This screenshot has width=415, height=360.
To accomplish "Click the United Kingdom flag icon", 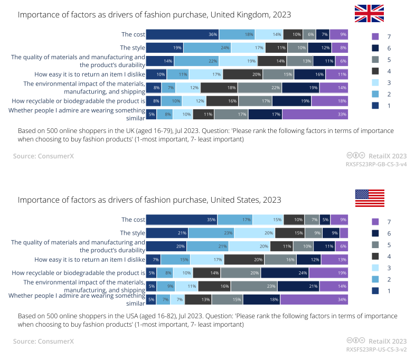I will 369,13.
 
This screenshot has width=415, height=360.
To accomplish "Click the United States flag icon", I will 369,198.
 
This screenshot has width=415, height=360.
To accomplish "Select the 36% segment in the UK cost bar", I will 182,34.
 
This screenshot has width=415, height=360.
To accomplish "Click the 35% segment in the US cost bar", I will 182,220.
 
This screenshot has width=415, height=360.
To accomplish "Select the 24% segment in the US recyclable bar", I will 285,273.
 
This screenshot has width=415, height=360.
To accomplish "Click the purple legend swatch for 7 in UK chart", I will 375,36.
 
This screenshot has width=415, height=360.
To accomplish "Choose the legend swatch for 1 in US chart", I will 375,290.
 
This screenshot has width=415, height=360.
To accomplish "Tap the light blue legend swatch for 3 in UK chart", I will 375,82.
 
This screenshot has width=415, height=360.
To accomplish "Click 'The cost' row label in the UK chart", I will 132,34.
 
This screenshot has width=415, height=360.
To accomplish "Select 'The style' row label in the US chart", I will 132,233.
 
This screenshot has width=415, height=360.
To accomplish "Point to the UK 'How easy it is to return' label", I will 89,74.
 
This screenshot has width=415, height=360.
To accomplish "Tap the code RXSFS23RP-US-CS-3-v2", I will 376,349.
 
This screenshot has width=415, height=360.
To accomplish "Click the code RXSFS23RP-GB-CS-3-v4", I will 376,164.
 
